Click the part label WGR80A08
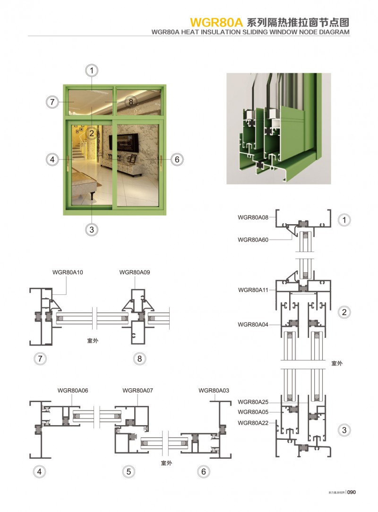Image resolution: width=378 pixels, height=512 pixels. coord(253,218)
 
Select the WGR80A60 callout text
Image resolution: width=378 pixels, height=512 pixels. coord(253,240)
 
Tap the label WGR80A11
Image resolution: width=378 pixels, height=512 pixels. coord(253,290)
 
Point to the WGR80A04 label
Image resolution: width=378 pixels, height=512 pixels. coord(253,325)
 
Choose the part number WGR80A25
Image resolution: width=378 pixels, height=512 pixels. coord(253,402)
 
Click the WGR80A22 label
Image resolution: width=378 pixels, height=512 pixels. coord(253,423)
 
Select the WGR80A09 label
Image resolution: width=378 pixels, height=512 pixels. coord(135,272)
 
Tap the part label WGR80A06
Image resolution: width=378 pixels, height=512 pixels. coord(73,391)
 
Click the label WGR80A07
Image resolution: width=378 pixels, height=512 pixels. coord(137,391)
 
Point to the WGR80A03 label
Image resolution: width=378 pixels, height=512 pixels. coord(214,391)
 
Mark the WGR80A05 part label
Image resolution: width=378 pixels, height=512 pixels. coord(253,412)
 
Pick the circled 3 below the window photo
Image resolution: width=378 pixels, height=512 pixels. coord(92,230)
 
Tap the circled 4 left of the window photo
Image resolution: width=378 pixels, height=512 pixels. coord(52,159)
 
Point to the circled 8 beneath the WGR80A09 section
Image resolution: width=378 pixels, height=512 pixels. coord(139,359)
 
